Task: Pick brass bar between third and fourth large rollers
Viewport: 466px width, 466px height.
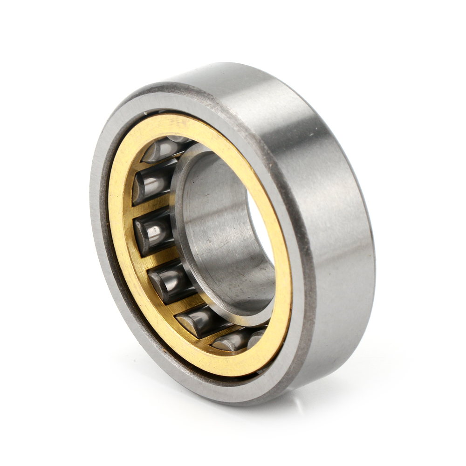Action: point(161,259)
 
